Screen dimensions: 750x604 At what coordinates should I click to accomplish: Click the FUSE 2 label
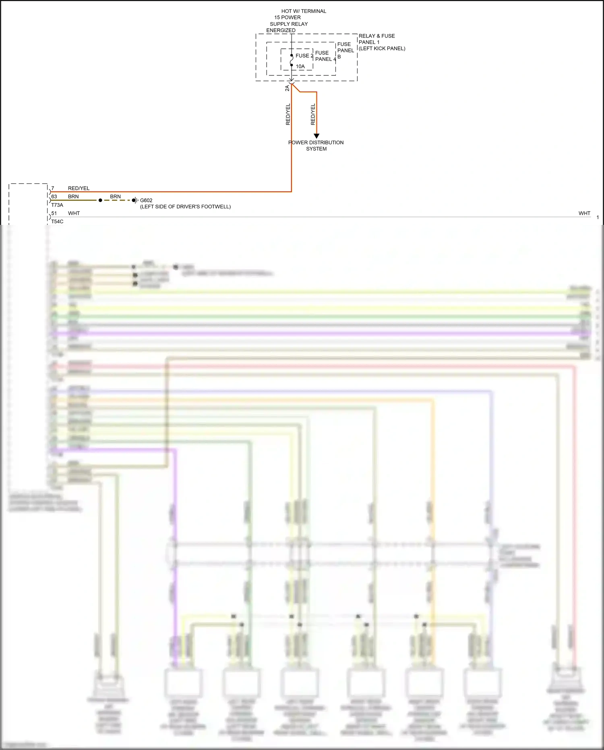pos(304,56)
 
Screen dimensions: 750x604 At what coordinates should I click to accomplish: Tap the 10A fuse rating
pos(300,66)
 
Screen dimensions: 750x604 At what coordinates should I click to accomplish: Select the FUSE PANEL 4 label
pos(325,56)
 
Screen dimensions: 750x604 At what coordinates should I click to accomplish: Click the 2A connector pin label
pos(287,88)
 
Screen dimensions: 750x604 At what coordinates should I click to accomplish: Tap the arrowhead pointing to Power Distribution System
pos(316,136)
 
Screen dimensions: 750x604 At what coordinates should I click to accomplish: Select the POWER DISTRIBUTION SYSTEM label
pos(316,145)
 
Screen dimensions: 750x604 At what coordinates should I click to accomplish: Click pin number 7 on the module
pos(53,188)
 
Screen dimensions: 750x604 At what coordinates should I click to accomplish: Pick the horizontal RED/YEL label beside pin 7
pos(79,188)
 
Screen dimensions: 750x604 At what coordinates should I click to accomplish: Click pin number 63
pos(54,197)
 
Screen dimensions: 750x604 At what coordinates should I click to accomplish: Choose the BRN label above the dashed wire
pos(115,197)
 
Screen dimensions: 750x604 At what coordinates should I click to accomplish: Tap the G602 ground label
pos(146,200)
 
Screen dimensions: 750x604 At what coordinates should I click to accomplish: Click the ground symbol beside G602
pos(137,200)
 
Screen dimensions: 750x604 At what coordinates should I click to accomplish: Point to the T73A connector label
pos(57,205)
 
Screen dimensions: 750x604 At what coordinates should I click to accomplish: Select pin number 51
pos(54,213)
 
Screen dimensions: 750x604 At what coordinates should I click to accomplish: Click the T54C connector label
pos(57,222)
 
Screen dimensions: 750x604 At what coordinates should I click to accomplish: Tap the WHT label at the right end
pos(584,213)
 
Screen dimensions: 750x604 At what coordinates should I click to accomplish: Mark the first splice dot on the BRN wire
pos(100,200)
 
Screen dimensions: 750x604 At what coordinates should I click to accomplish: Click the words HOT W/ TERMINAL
pos(304,11)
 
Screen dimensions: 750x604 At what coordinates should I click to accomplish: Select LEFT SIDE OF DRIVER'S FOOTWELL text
pos(185,207)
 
